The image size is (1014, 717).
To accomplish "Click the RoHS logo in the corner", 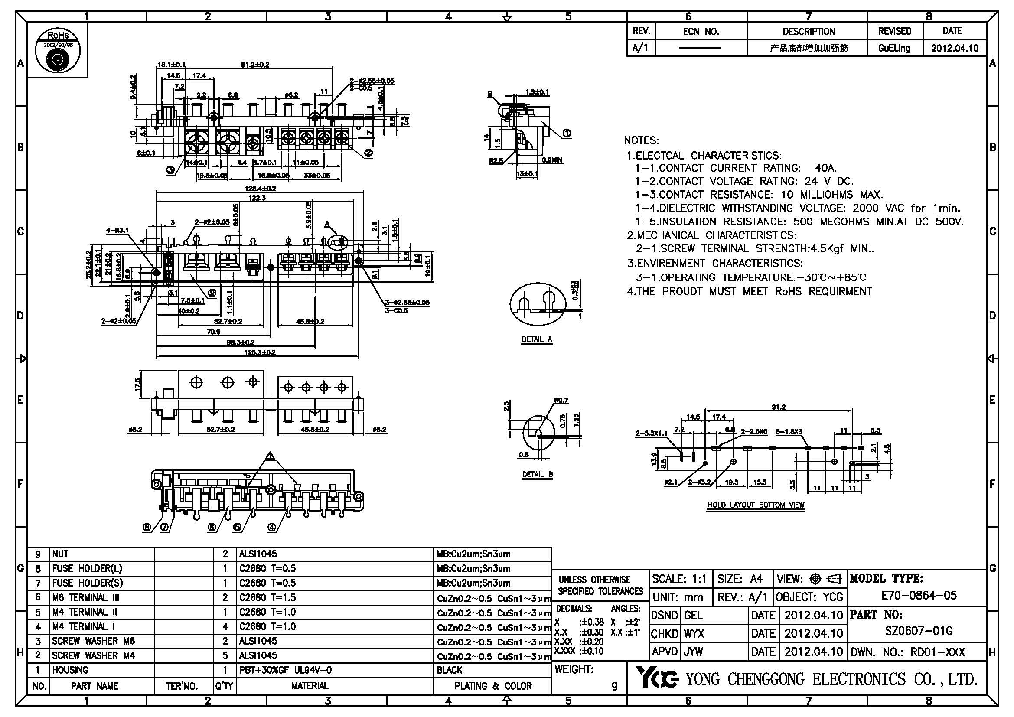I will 57,50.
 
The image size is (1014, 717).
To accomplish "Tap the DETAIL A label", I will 537,339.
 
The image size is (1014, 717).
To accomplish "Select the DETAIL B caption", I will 537,474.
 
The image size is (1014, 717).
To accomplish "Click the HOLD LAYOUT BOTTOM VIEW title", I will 756,505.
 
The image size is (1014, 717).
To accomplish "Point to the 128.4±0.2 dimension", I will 260,189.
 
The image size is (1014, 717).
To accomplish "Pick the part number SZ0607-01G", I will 918,631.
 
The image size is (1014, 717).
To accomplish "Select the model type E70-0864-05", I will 919,595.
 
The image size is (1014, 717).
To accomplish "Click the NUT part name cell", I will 61,554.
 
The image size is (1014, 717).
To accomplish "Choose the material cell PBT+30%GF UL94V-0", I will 285,670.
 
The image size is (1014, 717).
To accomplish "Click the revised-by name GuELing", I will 894,48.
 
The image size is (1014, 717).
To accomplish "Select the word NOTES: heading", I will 641,140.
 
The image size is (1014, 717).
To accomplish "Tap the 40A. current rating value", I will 826,168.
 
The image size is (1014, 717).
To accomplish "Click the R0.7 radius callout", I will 561,401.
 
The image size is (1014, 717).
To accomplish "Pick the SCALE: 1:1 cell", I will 679,579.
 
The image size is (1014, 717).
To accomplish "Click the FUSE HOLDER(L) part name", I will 87,569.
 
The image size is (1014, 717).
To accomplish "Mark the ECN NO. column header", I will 701,31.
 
